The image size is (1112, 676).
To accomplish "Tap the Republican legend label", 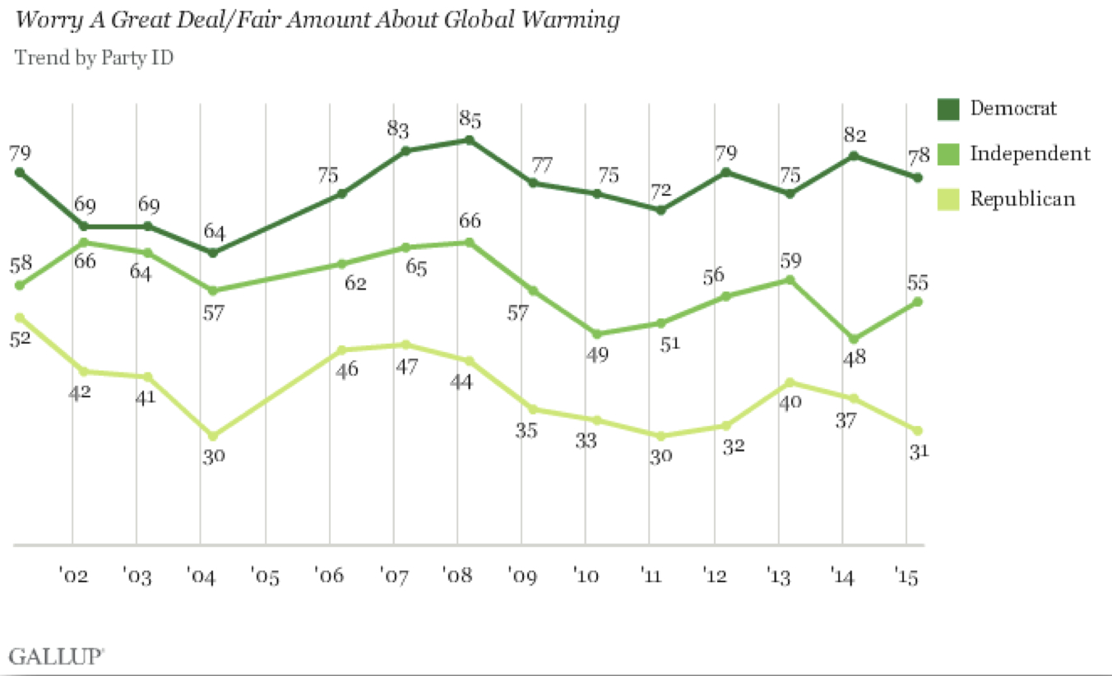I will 1022,198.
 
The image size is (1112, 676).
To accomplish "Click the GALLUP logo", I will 57,655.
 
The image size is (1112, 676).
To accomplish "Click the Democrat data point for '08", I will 469,140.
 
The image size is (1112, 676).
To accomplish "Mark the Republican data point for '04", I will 213,436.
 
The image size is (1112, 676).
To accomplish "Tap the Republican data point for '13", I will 790,382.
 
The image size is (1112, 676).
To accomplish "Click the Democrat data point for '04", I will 213,252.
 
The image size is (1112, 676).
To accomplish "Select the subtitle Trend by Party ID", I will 94,58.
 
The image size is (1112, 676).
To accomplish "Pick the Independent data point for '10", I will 597,334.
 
